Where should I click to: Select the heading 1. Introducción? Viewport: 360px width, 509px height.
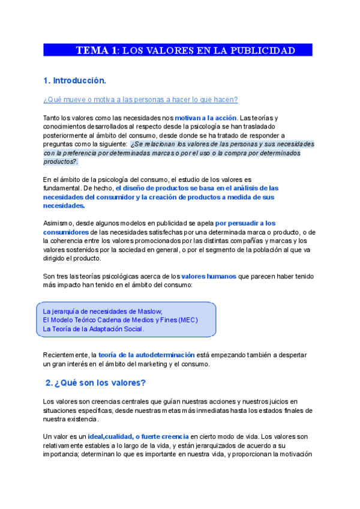[74, 80]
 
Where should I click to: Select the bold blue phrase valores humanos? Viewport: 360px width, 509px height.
[208, 276]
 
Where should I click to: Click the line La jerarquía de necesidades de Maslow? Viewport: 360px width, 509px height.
[103, 311]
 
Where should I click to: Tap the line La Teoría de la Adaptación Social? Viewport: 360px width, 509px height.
[94, 329]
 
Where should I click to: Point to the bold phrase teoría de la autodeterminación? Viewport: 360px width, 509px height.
[146, 355]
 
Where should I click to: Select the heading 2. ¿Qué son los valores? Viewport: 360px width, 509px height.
[96, 382]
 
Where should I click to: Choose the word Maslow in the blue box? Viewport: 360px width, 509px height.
[150, 311]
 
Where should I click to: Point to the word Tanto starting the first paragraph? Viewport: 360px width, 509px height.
[53, 117]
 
